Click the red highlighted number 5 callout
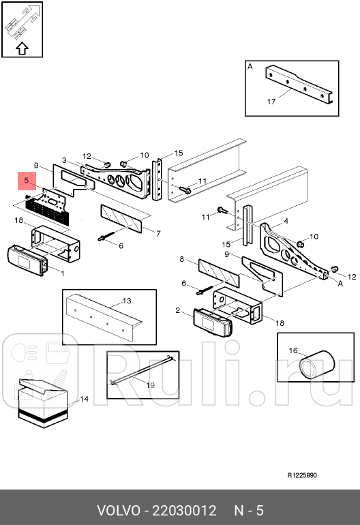pyautogui.click(x=26, y=181)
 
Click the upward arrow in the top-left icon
pyautogui.click(x=22, y=48)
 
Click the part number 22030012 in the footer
pyautogui.click(x=184, y=511)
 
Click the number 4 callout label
pyautogui.click(x=286, y=221)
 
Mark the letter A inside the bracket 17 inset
pyautogui.click(x=250, y=67)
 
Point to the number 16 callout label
pyautogui.click(x=292, y=350)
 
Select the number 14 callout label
pyautogui.click(x=84, y=399)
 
